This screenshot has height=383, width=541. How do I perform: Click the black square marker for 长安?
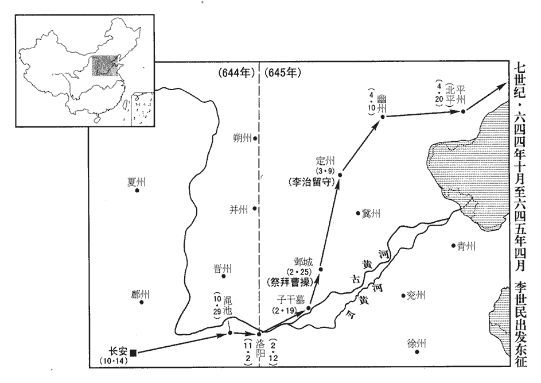(133, 353)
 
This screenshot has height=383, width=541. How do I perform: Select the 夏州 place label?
(137, 182)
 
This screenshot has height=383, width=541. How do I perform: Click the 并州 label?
(238, 209)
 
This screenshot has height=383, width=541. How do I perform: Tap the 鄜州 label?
(140, 294)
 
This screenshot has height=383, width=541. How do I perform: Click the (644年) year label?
(235, 73)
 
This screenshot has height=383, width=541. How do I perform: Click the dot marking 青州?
(453, 245)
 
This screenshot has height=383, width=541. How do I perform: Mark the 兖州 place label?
(416, 296)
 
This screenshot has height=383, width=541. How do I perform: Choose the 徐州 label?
(417, 343)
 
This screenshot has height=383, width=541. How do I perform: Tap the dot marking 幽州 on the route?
(383, 117)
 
